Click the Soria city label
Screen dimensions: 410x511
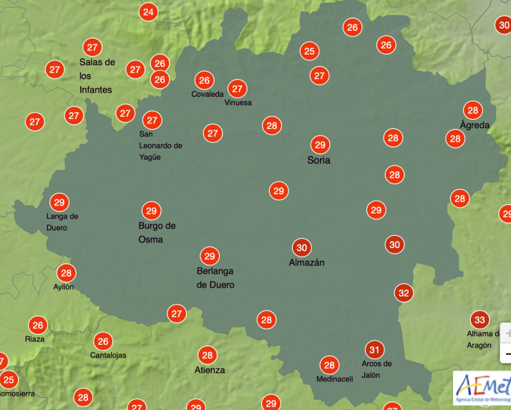click(318, 161)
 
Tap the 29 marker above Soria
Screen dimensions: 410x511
click(319, 144)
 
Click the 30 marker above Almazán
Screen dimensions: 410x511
click(302, 248)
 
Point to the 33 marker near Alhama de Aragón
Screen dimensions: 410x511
click(480, 320)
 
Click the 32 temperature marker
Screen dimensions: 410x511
click(404, 292)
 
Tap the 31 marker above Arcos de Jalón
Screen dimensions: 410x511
click(374, 350)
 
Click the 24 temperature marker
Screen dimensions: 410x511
click(148, 11)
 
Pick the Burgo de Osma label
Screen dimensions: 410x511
click(157, 232)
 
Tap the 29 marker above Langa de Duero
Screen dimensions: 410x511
click(59, 202)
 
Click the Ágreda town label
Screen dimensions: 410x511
click(474, 125)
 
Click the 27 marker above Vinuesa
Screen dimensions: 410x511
click(237, 89)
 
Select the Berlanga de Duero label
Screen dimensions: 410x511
click(215, 277)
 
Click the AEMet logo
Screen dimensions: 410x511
click(482, 387)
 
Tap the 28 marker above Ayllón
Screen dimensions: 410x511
click(67, 272)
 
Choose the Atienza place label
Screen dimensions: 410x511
click(210, 370)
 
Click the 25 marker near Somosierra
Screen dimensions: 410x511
click(9, 379)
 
